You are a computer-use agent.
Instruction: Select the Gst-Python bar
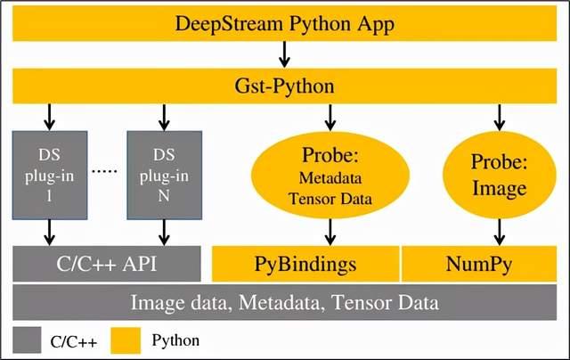click(285, 86)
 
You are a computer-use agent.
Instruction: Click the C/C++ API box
click(105, 264)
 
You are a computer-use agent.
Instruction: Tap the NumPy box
click(483, 264)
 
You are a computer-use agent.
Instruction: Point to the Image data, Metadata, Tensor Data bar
click(285, 302)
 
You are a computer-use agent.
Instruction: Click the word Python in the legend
click(175, 340)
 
